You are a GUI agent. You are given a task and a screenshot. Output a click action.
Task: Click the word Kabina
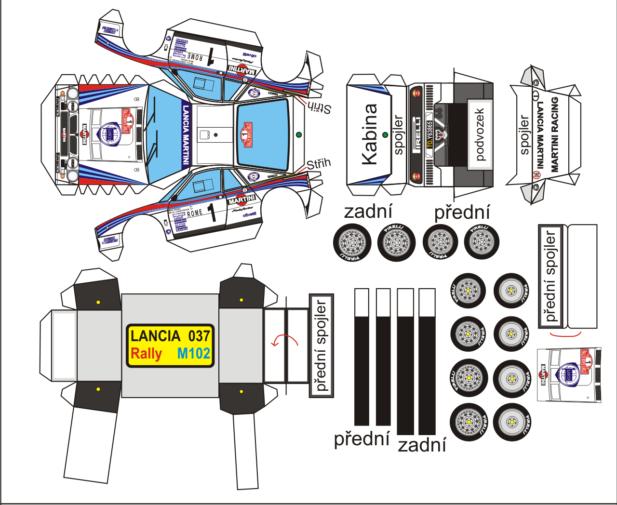pyautogui.click(x=370, y=134)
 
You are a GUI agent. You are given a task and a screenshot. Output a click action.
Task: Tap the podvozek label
pyautogui.click(x=480, y=134)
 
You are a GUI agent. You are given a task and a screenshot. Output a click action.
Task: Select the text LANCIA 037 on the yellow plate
pyautogui.click(x=170, y=336)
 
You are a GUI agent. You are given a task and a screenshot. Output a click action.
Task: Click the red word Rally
pyautogui.click(x=146, y=353)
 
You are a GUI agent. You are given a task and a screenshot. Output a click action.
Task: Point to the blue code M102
pyautogui.click(x=194, y=353)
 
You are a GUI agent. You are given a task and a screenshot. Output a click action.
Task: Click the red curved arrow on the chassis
pyautogui.click(x=284, y=340)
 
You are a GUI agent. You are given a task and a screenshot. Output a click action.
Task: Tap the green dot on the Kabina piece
pyautogui.click(x=385, y=135)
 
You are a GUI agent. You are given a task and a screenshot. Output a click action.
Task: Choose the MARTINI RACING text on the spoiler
pyautogui.click(x=554, y=134)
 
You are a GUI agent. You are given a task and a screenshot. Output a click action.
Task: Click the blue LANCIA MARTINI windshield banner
pyautogui.click(x=186, y=135)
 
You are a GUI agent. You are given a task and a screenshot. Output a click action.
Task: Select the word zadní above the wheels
pyautogui.click(x=369, y=212)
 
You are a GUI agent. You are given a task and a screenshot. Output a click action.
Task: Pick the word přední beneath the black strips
pyautogui.click(x=362, y=439)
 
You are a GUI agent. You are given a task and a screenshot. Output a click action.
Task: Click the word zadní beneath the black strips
pyautogui.click(x=422, y=445)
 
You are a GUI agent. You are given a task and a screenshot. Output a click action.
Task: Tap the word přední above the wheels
pyautogui.click(x=462, y=213)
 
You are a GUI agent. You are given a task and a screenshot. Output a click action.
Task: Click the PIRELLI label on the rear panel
pyautogui.click(x=417, y=135)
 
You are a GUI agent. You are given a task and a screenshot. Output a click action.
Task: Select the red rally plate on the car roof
pyautogui.click(x=247, y=134)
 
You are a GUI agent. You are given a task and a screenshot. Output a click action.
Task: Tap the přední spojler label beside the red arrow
pyautogui.click(x=321, y=346)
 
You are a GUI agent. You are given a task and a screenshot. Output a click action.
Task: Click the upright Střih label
pyautogui.click(x=319, y=164)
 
